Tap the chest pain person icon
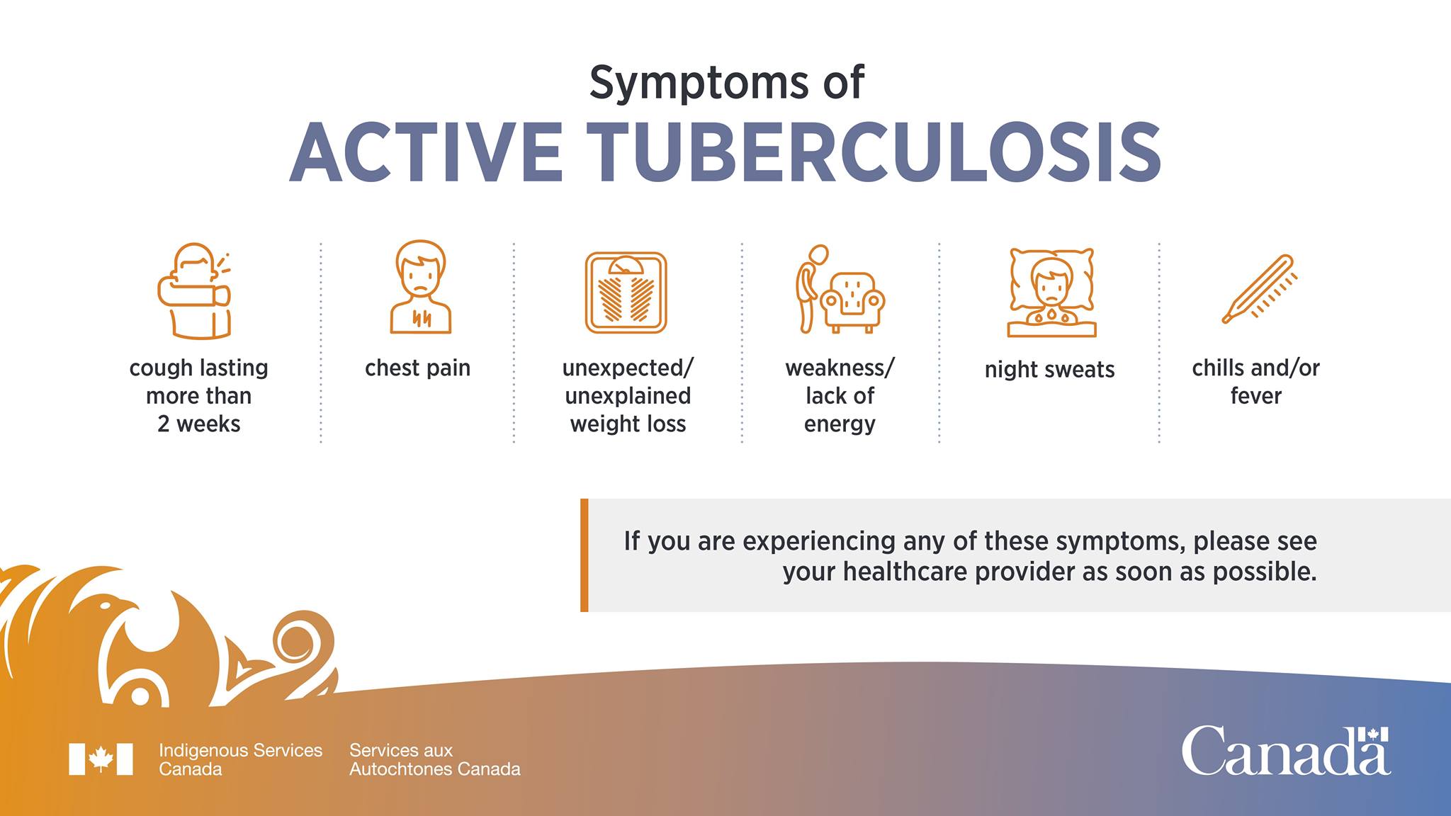421,287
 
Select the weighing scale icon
626,293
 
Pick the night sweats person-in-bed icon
1052,293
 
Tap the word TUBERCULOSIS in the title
878,153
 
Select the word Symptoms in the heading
699,83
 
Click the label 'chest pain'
417,368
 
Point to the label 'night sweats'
1049,369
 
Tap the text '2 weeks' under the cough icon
199,424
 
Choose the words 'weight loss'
628,424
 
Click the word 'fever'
1255,395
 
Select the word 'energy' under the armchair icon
840,425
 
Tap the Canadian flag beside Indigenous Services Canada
101,759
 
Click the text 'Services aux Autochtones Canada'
434,759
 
